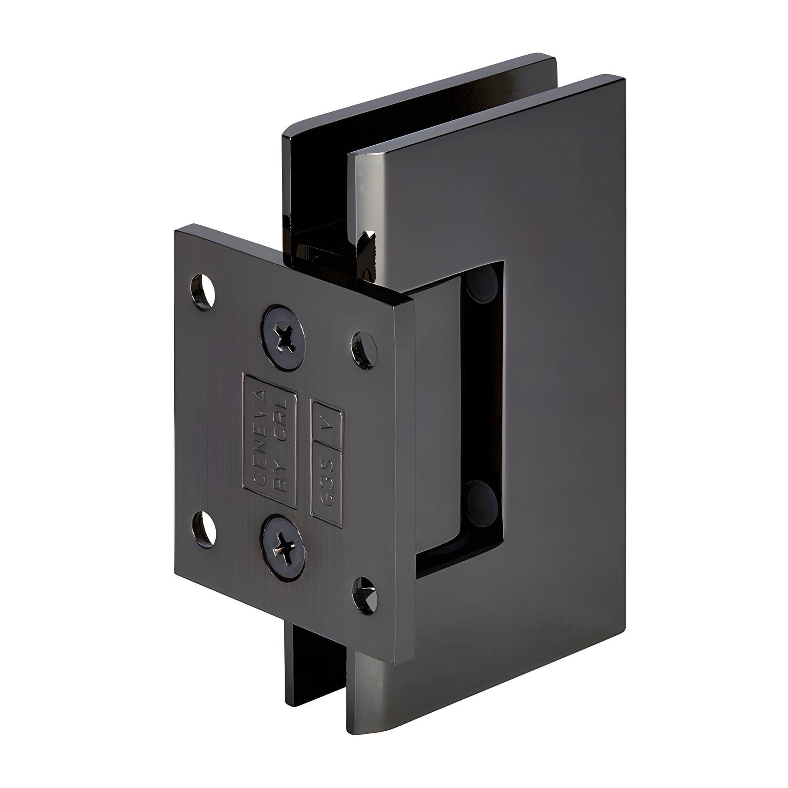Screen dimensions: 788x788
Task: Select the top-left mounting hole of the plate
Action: tap(204, 290)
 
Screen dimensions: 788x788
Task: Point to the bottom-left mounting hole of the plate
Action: tap(204, 529)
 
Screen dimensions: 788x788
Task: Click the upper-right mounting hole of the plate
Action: tap(364, 350)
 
